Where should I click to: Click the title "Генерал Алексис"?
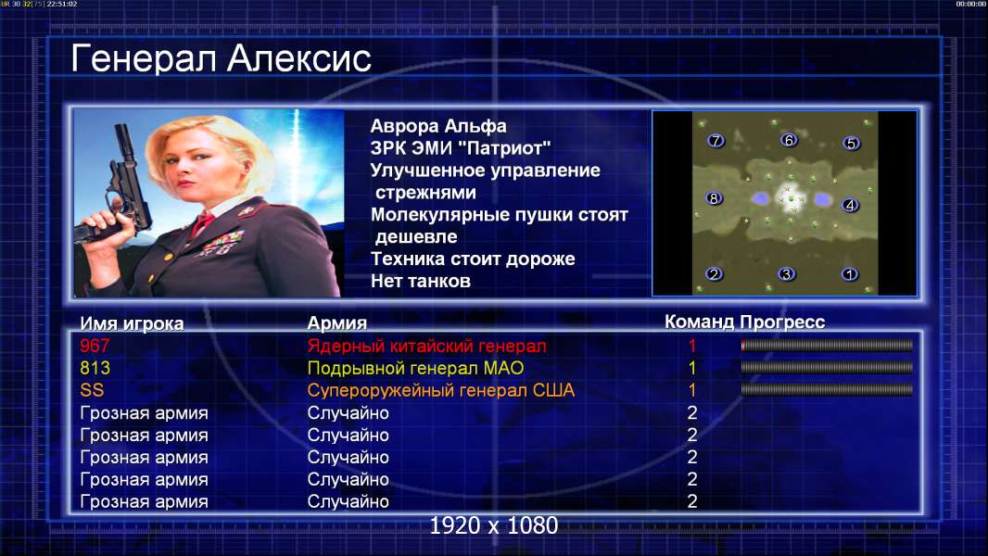221,58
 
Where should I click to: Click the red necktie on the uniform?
202,223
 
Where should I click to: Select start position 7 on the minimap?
716,141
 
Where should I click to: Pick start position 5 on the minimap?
851,144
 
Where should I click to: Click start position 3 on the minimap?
786,274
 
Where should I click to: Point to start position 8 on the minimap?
714,198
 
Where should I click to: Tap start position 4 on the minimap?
850,206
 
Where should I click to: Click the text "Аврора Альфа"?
437,126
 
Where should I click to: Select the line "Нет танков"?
420,281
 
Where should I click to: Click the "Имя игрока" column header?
132,323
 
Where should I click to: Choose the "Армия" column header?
337,323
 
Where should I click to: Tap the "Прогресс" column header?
782,322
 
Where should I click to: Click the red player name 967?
95,346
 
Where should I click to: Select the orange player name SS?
92,390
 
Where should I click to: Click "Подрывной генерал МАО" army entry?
415,369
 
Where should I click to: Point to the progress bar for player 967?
827,345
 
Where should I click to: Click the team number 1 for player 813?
691,369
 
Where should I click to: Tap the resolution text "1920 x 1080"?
493,525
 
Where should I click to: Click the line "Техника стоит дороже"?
473,259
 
